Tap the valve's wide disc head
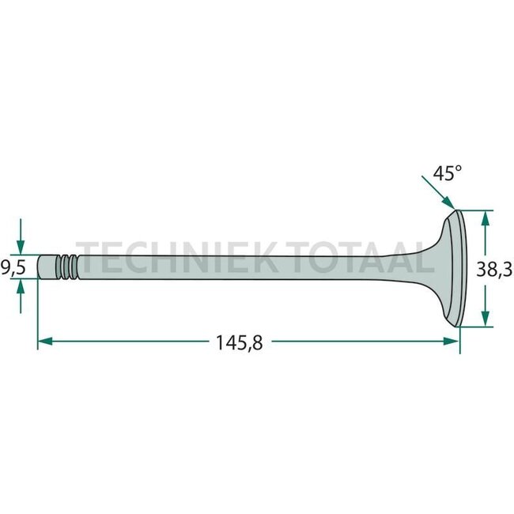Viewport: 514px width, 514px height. pos(455,268)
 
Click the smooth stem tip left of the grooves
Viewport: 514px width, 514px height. pos(47,266)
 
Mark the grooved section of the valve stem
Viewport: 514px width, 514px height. pos(69,266)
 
